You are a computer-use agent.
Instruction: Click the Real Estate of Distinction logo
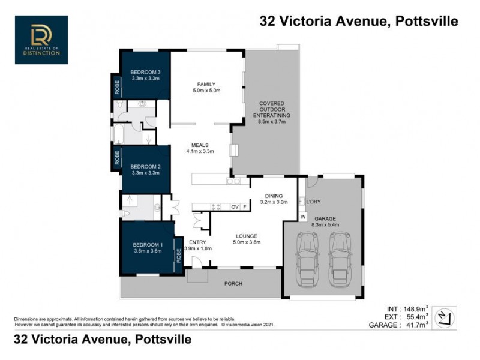click(x=41, y=40)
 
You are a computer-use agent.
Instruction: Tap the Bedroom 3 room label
click(x=145, y=73)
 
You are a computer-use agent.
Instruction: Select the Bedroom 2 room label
click(x=145, y=166)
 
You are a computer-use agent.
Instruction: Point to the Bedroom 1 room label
click(x=148, y=245)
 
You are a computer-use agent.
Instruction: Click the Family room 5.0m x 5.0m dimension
click(x=207, y=91)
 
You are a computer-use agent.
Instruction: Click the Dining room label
click(x=275, y=196)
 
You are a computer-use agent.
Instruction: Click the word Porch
click(x=233, y=283)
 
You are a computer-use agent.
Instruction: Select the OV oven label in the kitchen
click(x=235, y=206)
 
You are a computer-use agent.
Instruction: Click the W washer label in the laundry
click(x=303, y=216)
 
